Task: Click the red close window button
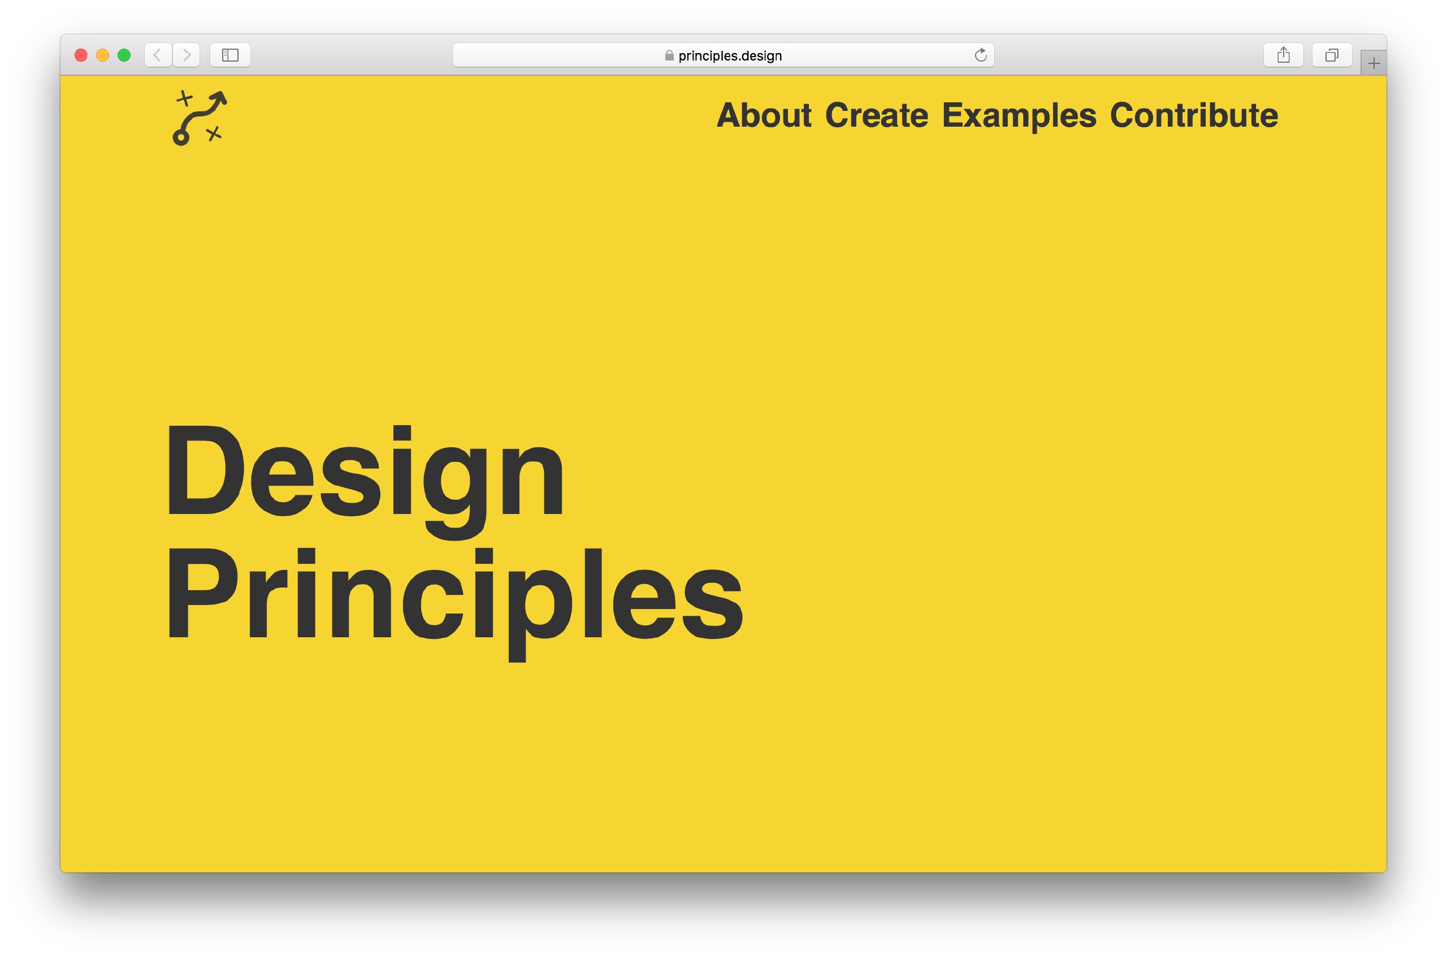(x=81, y=55)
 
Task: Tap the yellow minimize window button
(x=103, y=55)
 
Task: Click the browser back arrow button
(x=158, y=55)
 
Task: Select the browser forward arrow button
(x=187, y=55)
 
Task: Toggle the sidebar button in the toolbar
(x=230, y=55)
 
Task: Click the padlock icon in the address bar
(x=669, y=55)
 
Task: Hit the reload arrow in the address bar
(x=981, y=55)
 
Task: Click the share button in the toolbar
(x=1284, y=55)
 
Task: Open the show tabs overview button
(x=1332, y=55)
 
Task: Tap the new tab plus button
(x=1374, y=63)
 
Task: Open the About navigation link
(x=764, y=115)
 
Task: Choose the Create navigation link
(x=877, y=115)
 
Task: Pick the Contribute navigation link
(x=1194, y=115)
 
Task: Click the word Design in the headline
(x=365, y=480)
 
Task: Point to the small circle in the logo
(x=181, y=137)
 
